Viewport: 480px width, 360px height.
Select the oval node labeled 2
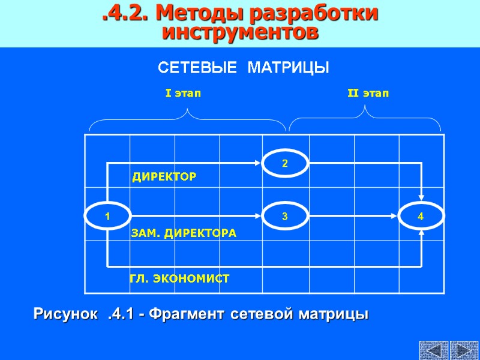click(285, 163)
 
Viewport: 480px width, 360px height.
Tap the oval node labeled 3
click(285, 216)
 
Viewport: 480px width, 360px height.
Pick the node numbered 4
click(421, 216)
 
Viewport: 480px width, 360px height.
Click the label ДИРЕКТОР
click(164, 177)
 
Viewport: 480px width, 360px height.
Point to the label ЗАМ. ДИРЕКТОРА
click(184, 233)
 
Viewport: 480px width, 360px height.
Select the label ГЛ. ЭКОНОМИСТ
click(179, 279)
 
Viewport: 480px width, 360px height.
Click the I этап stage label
click(183, 94)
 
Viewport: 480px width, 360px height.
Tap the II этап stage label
click(368, 94)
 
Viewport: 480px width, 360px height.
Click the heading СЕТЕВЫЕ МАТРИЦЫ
click(243, 67)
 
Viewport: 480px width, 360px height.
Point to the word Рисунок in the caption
click(64, 314)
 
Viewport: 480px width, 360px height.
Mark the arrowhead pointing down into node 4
click(422, 197)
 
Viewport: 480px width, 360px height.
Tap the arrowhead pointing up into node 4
click(422, 234)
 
